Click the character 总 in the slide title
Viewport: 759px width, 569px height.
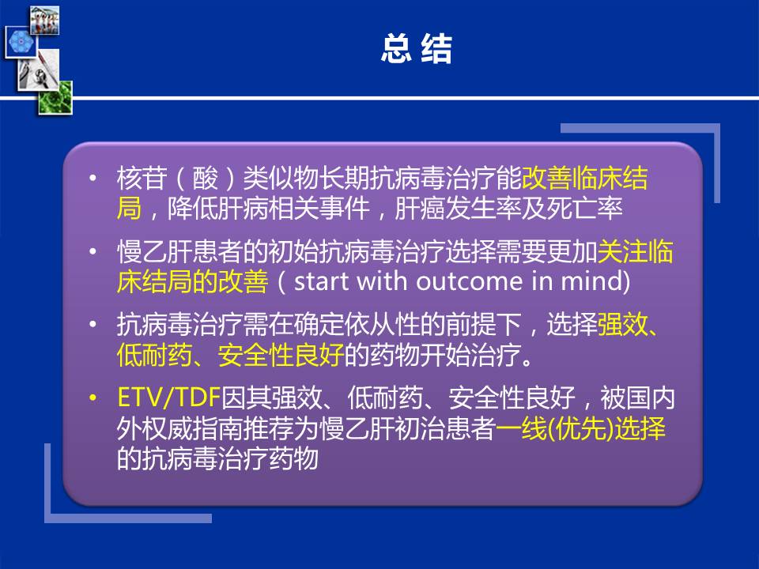(396, 48)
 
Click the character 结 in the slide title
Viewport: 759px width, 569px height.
(436, 48)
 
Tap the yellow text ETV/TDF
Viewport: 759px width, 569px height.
(169, 398)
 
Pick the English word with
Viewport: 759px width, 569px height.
(382, 281)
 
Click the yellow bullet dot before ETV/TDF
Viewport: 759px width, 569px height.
(93, 398)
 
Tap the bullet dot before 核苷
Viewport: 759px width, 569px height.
(93, 179)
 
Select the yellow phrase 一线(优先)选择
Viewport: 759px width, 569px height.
(581, 428)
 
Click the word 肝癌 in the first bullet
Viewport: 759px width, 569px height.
(419, 209)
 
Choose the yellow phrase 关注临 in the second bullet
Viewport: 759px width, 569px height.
(635, 251)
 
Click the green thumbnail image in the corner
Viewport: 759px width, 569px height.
(55, 98)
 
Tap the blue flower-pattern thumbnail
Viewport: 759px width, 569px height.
(21, 42)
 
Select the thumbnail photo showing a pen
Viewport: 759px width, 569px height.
(39, 70)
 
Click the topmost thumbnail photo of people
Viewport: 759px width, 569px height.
(44, 21)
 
